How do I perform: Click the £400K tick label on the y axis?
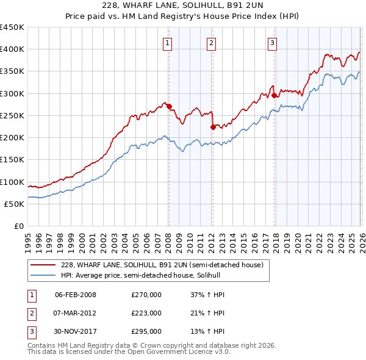[x=12, y=49]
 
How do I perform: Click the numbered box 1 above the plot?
[x=167, y=43]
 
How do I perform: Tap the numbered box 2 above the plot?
[x=210, y=43]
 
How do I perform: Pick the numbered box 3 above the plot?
[x=272, y=43]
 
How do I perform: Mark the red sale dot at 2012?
[x=213, y=128]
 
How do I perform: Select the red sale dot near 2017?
[x=274, y=96]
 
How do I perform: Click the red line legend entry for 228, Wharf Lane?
[x=162, y=265]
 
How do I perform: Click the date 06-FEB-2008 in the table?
[x=76, y=295]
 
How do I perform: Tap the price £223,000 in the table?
[x=146, y=313]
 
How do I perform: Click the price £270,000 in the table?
[x=146, y=295]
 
